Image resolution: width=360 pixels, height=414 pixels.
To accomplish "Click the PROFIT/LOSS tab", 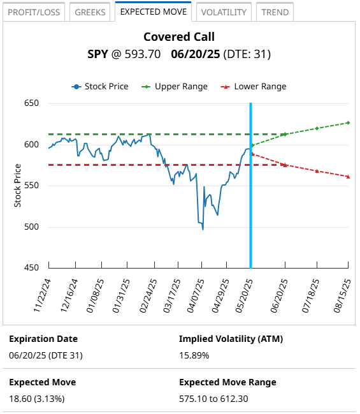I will click(33, 12).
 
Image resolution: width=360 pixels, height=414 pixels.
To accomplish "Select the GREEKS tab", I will click(90, 12).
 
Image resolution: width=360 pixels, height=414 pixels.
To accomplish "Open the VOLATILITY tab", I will click(223, 12).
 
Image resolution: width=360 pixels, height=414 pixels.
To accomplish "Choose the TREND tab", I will click(275, 12).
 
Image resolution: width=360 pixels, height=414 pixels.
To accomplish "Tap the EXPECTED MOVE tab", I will click(154, 11).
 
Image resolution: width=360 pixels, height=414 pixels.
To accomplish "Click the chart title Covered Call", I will click(179, 38).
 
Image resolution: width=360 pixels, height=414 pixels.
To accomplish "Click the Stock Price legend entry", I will click(100, 87).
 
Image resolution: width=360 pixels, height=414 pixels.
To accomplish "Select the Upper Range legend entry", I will click(175, 87).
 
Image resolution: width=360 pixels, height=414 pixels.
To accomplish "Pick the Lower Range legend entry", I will click(254, 87).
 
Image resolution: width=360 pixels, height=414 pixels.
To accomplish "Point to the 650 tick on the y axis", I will click(31, 104).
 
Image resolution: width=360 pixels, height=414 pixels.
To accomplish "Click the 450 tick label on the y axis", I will click(31, 268).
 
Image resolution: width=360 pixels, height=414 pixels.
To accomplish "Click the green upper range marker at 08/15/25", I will click(349, 122).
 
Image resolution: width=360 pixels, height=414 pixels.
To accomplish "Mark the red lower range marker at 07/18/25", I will click(317, 171).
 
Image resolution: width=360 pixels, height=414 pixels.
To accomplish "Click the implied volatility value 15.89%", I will click(194, 355).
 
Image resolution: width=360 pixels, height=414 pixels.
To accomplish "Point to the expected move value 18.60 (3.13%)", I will click(36, 399).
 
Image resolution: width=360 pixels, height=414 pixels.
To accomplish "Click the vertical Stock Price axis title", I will click(17, 186).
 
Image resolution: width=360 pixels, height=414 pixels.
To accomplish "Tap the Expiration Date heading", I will click(43, 339).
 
